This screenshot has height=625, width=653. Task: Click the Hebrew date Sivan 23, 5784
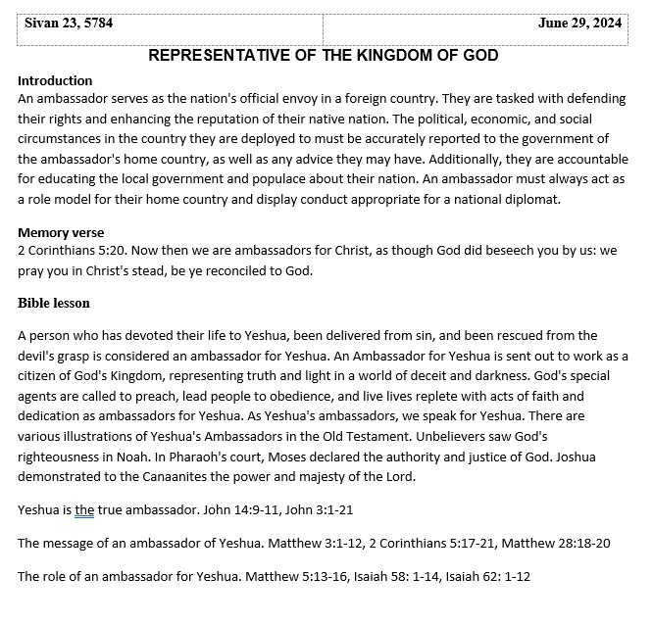pyautogui.click(x=69, y=24)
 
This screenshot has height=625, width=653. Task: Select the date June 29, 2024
pyautogui.click(x=579, y=24)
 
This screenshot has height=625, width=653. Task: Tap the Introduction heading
pyautogui.click(x=55, y=80)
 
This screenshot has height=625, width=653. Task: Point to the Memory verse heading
pyautogui.click(x=62, y=233)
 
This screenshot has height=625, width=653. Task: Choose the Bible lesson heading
pyautogui.click(x=54, y=303)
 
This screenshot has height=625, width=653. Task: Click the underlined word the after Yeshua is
pyautogui.click(x=84, y=509)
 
